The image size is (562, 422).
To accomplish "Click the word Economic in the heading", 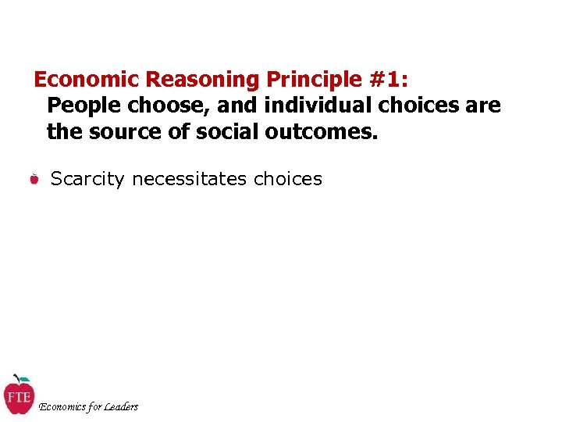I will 87,80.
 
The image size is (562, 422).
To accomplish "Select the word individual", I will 311,105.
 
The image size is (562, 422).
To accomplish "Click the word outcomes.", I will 321,131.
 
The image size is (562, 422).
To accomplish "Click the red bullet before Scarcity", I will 34,181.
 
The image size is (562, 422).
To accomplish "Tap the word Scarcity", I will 87,179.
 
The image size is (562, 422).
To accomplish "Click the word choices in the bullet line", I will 287,179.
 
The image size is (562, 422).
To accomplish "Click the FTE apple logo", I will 18,395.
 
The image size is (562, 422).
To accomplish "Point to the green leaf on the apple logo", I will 23,379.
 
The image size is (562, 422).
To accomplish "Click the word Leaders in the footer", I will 121,406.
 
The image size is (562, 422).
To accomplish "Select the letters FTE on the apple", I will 18,397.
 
